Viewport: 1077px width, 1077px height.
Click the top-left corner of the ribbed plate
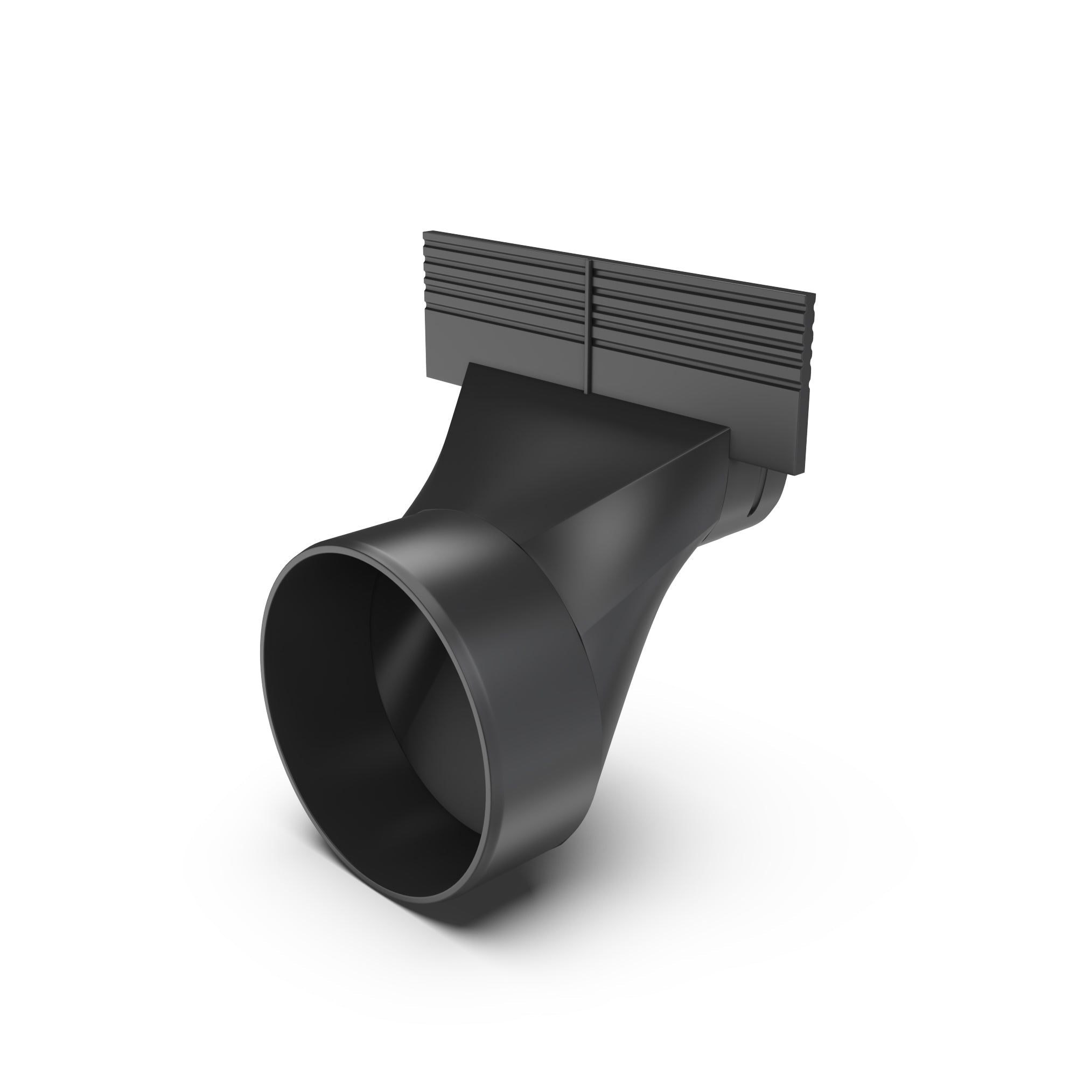(x=424, y=232)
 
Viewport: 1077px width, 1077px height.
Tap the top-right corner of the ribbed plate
(x=814, y=295)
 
